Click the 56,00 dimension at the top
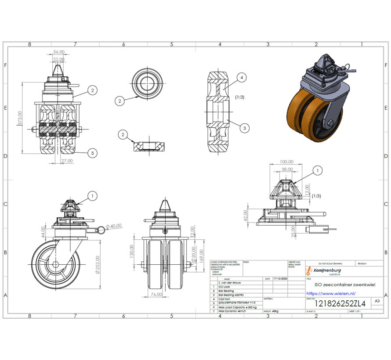click(58, 52)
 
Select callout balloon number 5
click(92, 153)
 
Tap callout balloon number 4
click(241, 78)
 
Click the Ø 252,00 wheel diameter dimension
click(97, 264)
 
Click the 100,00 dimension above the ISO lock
click(286, 162)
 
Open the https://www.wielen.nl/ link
click(331, 294)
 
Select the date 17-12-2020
click(279, 279)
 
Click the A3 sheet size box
click(377, 301)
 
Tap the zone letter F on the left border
click(5, 65)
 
